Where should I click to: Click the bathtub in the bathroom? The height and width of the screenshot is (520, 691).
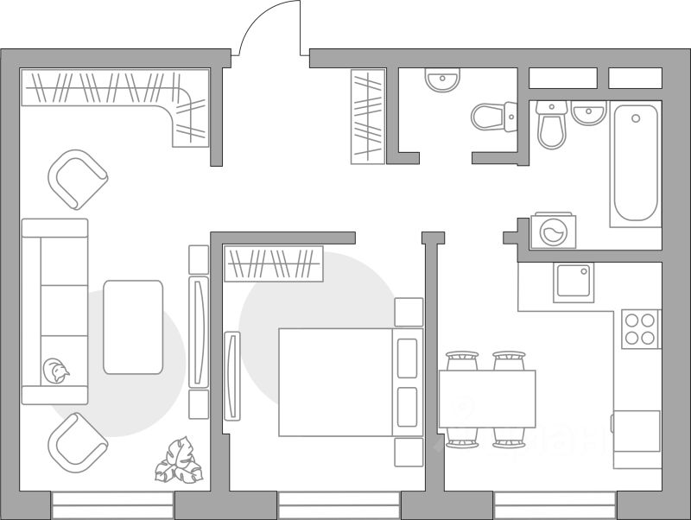coord(636,164)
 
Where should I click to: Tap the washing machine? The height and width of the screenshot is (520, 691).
coord(553,231)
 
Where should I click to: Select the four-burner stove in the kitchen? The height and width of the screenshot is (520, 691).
coord(641,329)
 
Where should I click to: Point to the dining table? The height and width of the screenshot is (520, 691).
coord(487,398)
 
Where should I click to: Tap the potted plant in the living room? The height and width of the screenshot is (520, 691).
coord(180,461)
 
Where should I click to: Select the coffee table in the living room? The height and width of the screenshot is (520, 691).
coord(133,327)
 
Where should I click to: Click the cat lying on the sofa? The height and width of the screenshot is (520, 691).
coord(57,371)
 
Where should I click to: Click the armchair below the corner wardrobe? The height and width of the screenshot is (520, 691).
coord(77,180)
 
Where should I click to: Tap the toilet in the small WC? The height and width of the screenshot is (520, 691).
coord(491,117)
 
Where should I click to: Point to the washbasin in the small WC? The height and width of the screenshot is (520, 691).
coord(442,81)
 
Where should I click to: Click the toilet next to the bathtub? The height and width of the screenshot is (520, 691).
coord(551,125)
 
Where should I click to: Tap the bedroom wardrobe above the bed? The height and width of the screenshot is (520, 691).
coord(273,263)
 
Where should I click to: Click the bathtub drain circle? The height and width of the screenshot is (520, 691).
coord(637,118)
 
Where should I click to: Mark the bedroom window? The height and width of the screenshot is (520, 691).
coord(339,504)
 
